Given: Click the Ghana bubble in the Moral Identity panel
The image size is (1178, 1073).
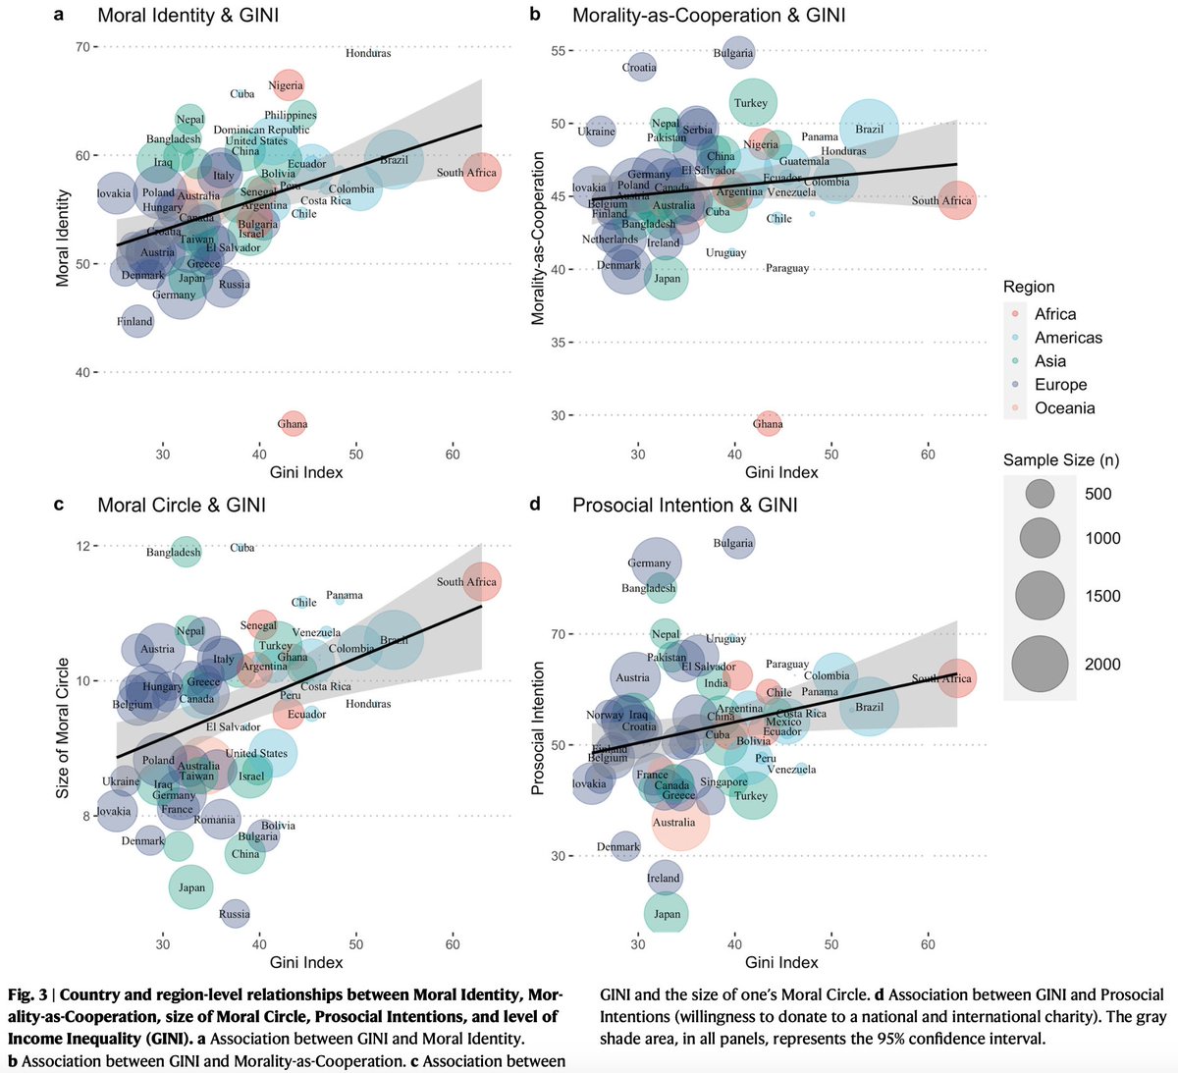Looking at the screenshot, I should click(x=293, y=423).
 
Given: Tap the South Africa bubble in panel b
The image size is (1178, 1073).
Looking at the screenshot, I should click(x=956, y=200).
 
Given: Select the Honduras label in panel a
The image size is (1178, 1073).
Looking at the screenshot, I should click(x=368, y=53).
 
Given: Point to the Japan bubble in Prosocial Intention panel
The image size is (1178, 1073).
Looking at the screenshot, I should click(x=668, y=914).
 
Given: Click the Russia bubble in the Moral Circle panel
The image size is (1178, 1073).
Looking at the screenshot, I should click(x=235, y=913).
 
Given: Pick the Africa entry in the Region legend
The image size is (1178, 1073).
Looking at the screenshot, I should click(x=1054, y=314).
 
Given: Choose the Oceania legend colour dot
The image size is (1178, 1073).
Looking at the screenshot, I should click(x=1015, y=408).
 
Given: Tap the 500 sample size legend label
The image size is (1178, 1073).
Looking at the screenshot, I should click(x=1098, y=494).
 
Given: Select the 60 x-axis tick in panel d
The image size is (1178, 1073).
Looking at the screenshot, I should click(x=928, y=944).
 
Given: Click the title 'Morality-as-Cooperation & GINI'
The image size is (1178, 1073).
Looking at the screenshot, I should click(x=708, y=15).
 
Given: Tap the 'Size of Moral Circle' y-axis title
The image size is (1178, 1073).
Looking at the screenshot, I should click(x=63, y=727).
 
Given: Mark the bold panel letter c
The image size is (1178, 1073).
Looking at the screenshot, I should click(x=59, y=505).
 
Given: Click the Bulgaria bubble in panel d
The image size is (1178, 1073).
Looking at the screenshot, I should click(x=734, y=543).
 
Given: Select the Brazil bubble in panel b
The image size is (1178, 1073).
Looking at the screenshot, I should click(x=869, y=129).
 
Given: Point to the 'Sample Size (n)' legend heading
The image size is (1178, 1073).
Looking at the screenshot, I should click(x=1060, y=459).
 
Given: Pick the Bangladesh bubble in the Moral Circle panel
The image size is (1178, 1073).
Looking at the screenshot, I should click(x=186, y=552).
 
